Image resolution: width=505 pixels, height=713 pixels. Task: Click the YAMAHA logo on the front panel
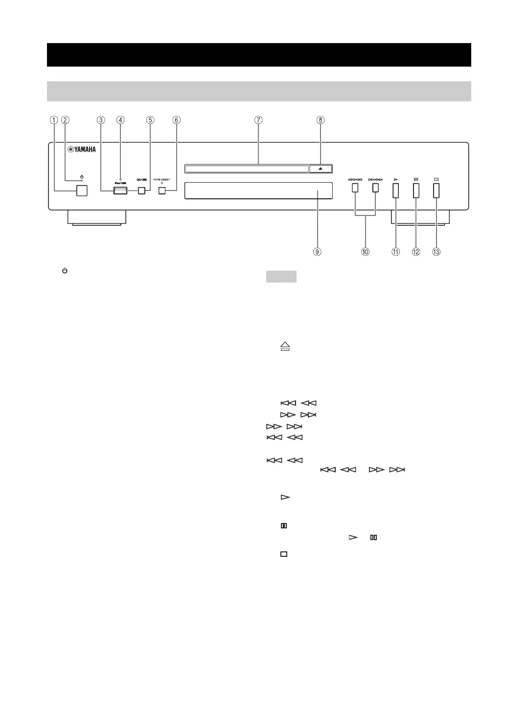tap(82, 150)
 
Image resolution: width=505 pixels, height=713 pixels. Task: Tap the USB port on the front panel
tap(120, 190)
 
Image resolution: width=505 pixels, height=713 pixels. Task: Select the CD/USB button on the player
tap(141, 190)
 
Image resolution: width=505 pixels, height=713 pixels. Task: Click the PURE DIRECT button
tap(162, 190)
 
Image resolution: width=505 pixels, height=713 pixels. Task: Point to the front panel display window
tap(258, 190)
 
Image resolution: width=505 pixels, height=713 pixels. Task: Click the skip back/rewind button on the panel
tap(355, 188)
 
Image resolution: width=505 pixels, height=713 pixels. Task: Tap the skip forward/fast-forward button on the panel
tap(375, 188)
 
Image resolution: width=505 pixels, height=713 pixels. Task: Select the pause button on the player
tap(416, 190)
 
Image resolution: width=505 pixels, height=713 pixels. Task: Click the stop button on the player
tap(436, 190)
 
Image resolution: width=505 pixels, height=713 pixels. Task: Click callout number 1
tap(54, 120)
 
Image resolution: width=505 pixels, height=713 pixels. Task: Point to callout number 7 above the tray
tap(258, 120)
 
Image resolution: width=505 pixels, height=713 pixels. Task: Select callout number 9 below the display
tap(318, 252)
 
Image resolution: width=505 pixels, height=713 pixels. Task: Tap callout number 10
tap(366, 252)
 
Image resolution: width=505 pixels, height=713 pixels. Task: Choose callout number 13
tap(436, 252)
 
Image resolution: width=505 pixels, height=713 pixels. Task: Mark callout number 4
tap(120, 120)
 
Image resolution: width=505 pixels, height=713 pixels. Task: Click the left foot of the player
tap(96, 218)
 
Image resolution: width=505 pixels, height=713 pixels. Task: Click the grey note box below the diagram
tap(281, 277)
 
